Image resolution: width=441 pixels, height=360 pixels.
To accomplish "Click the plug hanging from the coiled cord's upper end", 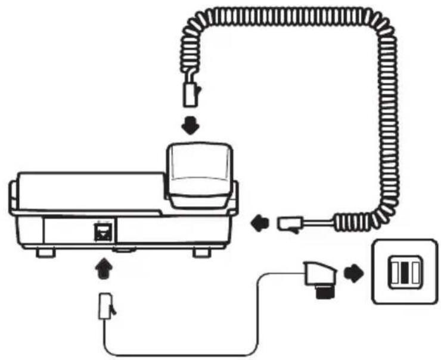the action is click(x=192, y=93).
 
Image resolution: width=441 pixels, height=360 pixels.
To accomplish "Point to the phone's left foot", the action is click(x=44, y=253).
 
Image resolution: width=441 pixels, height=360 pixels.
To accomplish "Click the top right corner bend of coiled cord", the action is click(x=381, y=27).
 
